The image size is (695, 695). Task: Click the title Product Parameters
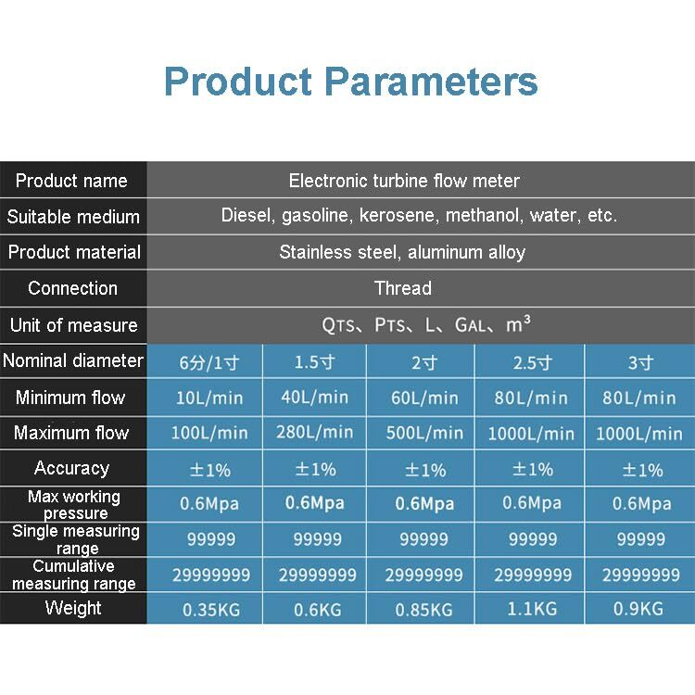[350, 82]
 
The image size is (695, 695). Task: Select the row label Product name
[71, 181]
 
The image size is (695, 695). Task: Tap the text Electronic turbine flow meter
[404, 181]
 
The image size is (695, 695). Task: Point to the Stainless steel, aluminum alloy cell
[402, 252]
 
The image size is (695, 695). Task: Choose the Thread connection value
[402, 288]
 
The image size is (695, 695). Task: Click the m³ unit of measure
[518, 324]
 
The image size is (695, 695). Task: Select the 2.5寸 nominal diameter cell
[532, 362]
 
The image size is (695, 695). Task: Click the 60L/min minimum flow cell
[424, 398]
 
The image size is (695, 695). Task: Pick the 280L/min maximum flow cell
[315, 433]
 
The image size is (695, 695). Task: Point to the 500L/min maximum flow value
[424, 433]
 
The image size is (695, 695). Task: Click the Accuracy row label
[71, 468]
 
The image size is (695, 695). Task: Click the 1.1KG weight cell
[532, 610]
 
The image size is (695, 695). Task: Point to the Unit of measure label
[73, 325]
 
